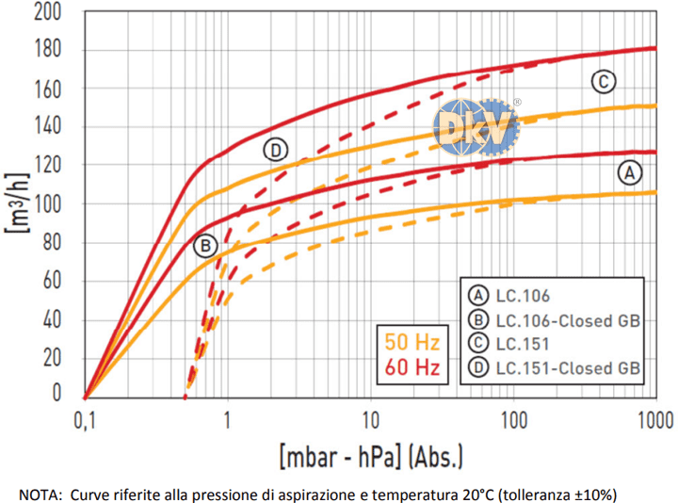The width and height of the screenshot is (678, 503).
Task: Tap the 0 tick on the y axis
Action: point(57,394)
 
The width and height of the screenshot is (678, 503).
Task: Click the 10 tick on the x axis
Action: point(369,418)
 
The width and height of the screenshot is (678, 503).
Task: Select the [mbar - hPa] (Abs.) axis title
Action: point(370,459)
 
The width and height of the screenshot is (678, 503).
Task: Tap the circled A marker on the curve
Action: point(629,171)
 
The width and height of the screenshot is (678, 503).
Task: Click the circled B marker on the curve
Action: point(205,247)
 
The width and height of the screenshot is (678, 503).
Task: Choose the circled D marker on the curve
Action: point(275,150)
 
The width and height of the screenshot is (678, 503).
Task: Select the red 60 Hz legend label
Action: point(412,365)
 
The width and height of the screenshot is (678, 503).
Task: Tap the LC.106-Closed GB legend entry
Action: point(553,320)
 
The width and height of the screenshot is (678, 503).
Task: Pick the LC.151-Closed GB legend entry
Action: point(553,367)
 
